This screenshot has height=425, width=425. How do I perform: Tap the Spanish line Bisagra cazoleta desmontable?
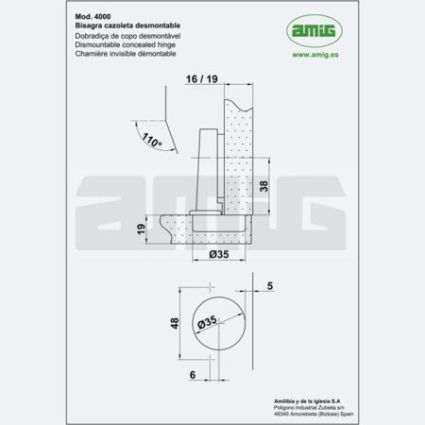127,26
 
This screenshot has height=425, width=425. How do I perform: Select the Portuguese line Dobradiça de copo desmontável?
130,36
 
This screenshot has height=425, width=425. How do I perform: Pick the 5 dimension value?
270,284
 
